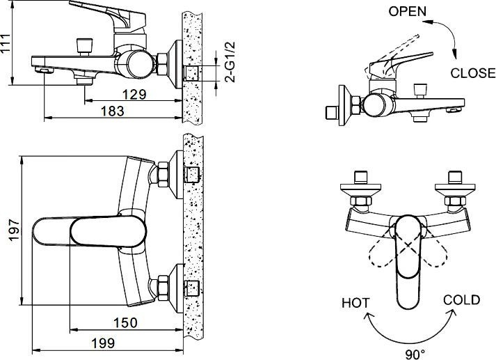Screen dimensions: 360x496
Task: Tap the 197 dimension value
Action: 8,235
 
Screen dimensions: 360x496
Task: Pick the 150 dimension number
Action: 125,322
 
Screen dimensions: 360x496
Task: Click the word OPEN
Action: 407,12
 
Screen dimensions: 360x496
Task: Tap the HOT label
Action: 355,303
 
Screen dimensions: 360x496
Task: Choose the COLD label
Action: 461,300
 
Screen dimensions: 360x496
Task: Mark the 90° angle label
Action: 415,354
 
